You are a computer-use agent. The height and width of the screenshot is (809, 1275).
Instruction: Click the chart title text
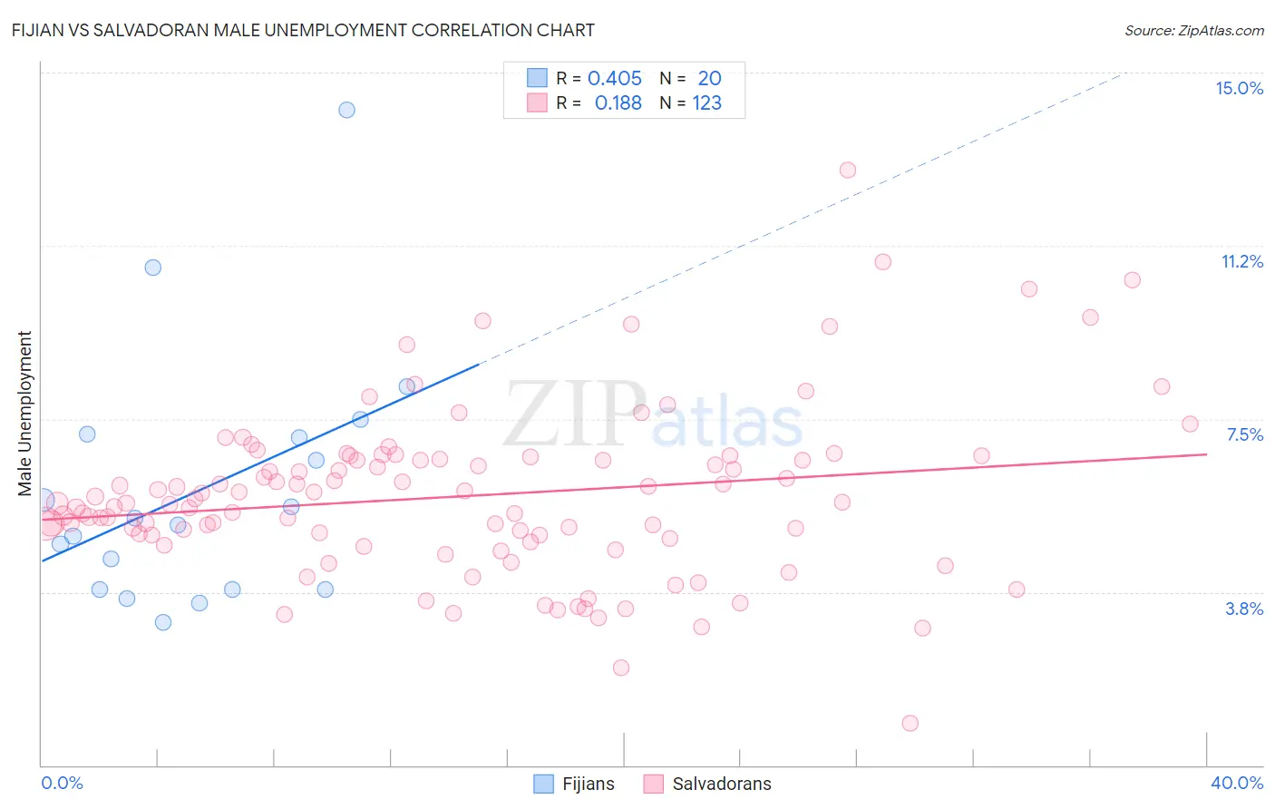[303, 30]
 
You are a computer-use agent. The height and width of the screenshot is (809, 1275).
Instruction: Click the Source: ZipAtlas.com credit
[1193, 31]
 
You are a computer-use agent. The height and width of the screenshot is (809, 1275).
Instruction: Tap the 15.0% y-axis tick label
[1239, 88]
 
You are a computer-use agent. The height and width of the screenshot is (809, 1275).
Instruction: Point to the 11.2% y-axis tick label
[1241, 262]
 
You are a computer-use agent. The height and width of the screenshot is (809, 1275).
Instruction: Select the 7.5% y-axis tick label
[1244, 435]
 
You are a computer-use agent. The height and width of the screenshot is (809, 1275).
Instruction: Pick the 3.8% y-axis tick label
[1244, 609]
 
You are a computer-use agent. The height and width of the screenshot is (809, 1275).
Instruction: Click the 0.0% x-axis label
[62, 783]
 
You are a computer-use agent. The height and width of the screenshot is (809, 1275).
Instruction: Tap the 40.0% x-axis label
[1237, 783]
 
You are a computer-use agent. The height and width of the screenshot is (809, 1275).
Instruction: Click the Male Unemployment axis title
[25, 414]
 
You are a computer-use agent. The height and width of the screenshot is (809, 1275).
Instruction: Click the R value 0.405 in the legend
[614, 79]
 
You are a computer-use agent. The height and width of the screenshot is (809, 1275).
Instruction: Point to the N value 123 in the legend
[706, 103]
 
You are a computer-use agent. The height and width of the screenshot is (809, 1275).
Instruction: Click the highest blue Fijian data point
[346, 110]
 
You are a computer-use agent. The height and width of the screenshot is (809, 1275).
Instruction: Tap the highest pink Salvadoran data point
[848, 170]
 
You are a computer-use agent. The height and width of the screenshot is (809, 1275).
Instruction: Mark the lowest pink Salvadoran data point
[910, 723]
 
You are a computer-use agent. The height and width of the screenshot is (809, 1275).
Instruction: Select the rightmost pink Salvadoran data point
[1191, 424]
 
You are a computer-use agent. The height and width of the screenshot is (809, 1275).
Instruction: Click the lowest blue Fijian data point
[163, 622]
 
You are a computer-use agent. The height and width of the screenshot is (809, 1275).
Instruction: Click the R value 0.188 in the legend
[618, 103]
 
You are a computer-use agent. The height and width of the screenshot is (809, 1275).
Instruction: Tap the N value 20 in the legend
[709, 79]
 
